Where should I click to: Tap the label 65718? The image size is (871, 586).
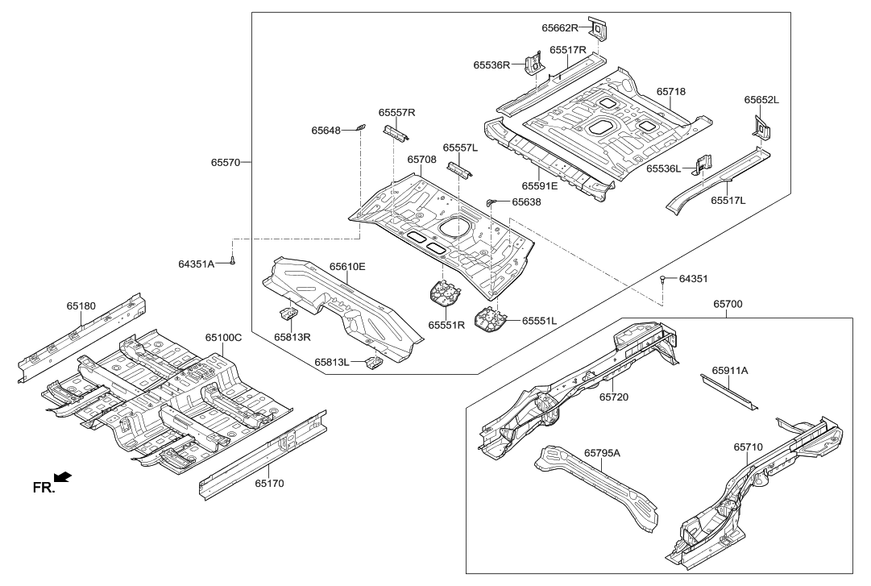[x=670, y=92]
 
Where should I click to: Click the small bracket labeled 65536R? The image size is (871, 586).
[x=532, y=64]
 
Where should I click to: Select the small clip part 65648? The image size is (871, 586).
[x=360, y=127]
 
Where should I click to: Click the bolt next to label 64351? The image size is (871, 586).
[x=662, y=279]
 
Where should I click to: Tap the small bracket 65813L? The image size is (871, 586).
[x=372, y=363]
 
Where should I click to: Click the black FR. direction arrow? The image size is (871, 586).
[x=60, y=479]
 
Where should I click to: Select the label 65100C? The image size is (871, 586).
[x=223, y=338]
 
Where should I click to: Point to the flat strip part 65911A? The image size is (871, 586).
[x=729, y=396]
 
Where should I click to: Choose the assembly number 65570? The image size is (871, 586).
[x=226, y=162]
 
